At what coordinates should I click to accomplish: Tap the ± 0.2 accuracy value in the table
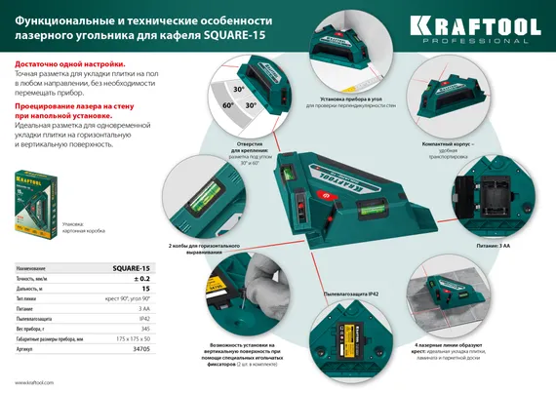click(136, 279)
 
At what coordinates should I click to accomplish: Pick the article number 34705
click(140, 346)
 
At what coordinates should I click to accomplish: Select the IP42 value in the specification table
click(141, 313)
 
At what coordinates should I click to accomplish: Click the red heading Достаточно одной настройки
click(69, 63)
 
